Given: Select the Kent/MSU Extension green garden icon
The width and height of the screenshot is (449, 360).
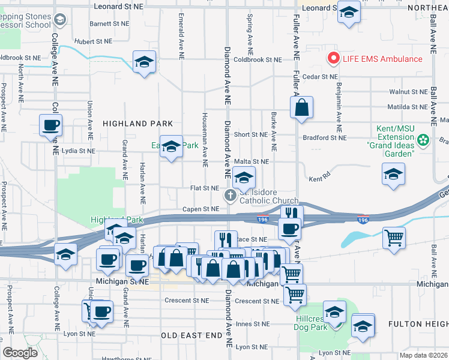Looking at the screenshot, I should click(424, 140).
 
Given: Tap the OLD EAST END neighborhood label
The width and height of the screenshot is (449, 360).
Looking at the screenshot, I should click(192, 334).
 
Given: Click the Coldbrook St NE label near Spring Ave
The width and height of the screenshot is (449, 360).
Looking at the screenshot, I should click(258, 59).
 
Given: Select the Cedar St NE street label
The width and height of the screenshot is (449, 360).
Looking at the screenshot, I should click(321, 77).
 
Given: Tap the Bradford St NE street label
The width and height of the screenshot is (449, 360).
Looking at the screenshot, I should click(325, 137).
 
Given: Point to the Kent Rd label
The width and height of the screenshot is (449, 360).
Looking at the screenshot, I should click(319, 179).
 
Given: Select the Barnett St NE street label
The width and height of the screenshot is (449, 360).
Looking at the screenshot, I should click(109, 24).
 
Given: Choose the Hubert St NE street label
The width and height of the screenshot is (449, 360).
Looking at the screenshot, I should click(94, 42).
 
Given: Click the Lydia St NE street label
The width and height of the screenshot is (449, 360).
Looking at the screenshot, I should click(78, 151).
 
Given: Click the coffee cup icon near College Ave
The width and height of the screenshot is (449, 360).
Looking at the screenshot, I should click(50, 125).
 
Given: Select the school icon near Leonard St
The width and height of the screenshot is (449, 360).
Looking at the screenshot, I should click(348, 12).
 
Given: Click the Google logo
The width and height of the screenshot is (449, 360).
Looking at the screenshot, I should click(20, 353).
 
